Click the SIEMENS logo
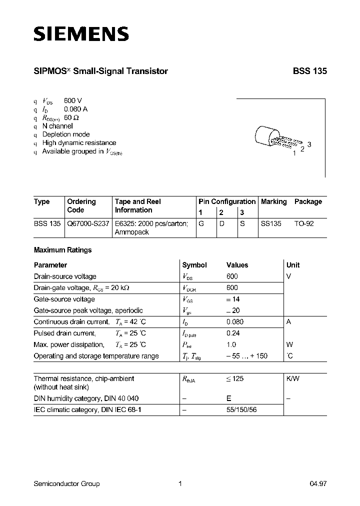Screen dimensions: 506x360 coord(81,33)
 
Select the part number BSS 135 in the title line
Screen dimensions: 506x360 coord(309,71)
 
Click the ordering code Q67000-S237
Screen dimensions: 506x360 coord(88,224)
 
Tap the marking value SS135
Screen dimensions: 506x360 coord(271,224)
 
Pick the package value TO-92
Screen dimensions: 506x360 coord(304,224)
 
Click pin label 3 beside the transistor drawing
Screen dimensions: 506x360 coord(309,144)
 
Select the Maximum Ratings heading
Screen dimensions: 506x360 coord(62,250)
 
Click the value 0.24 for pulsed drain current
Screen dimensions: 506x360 coord(232,333)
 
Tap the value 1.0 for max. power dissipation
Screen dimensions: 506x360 coord(231,345)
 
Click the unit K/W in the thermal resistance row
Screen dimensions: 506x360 coord(292,379)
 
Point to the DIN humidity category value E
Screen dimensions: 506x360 coord(229,398)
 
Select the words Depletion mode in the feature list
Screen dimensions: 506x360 coord(66,134)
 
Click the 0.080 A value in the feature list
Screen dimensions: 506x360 coord(76,109)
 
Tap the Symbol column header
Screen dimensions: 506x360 coord(194,265)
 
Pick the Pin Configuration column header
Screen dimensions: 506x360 coord(227,201)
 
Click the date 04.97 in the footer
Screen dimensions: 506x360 coord(318,483)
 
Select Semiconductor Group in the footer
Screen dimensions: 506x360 coord(66,483)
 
